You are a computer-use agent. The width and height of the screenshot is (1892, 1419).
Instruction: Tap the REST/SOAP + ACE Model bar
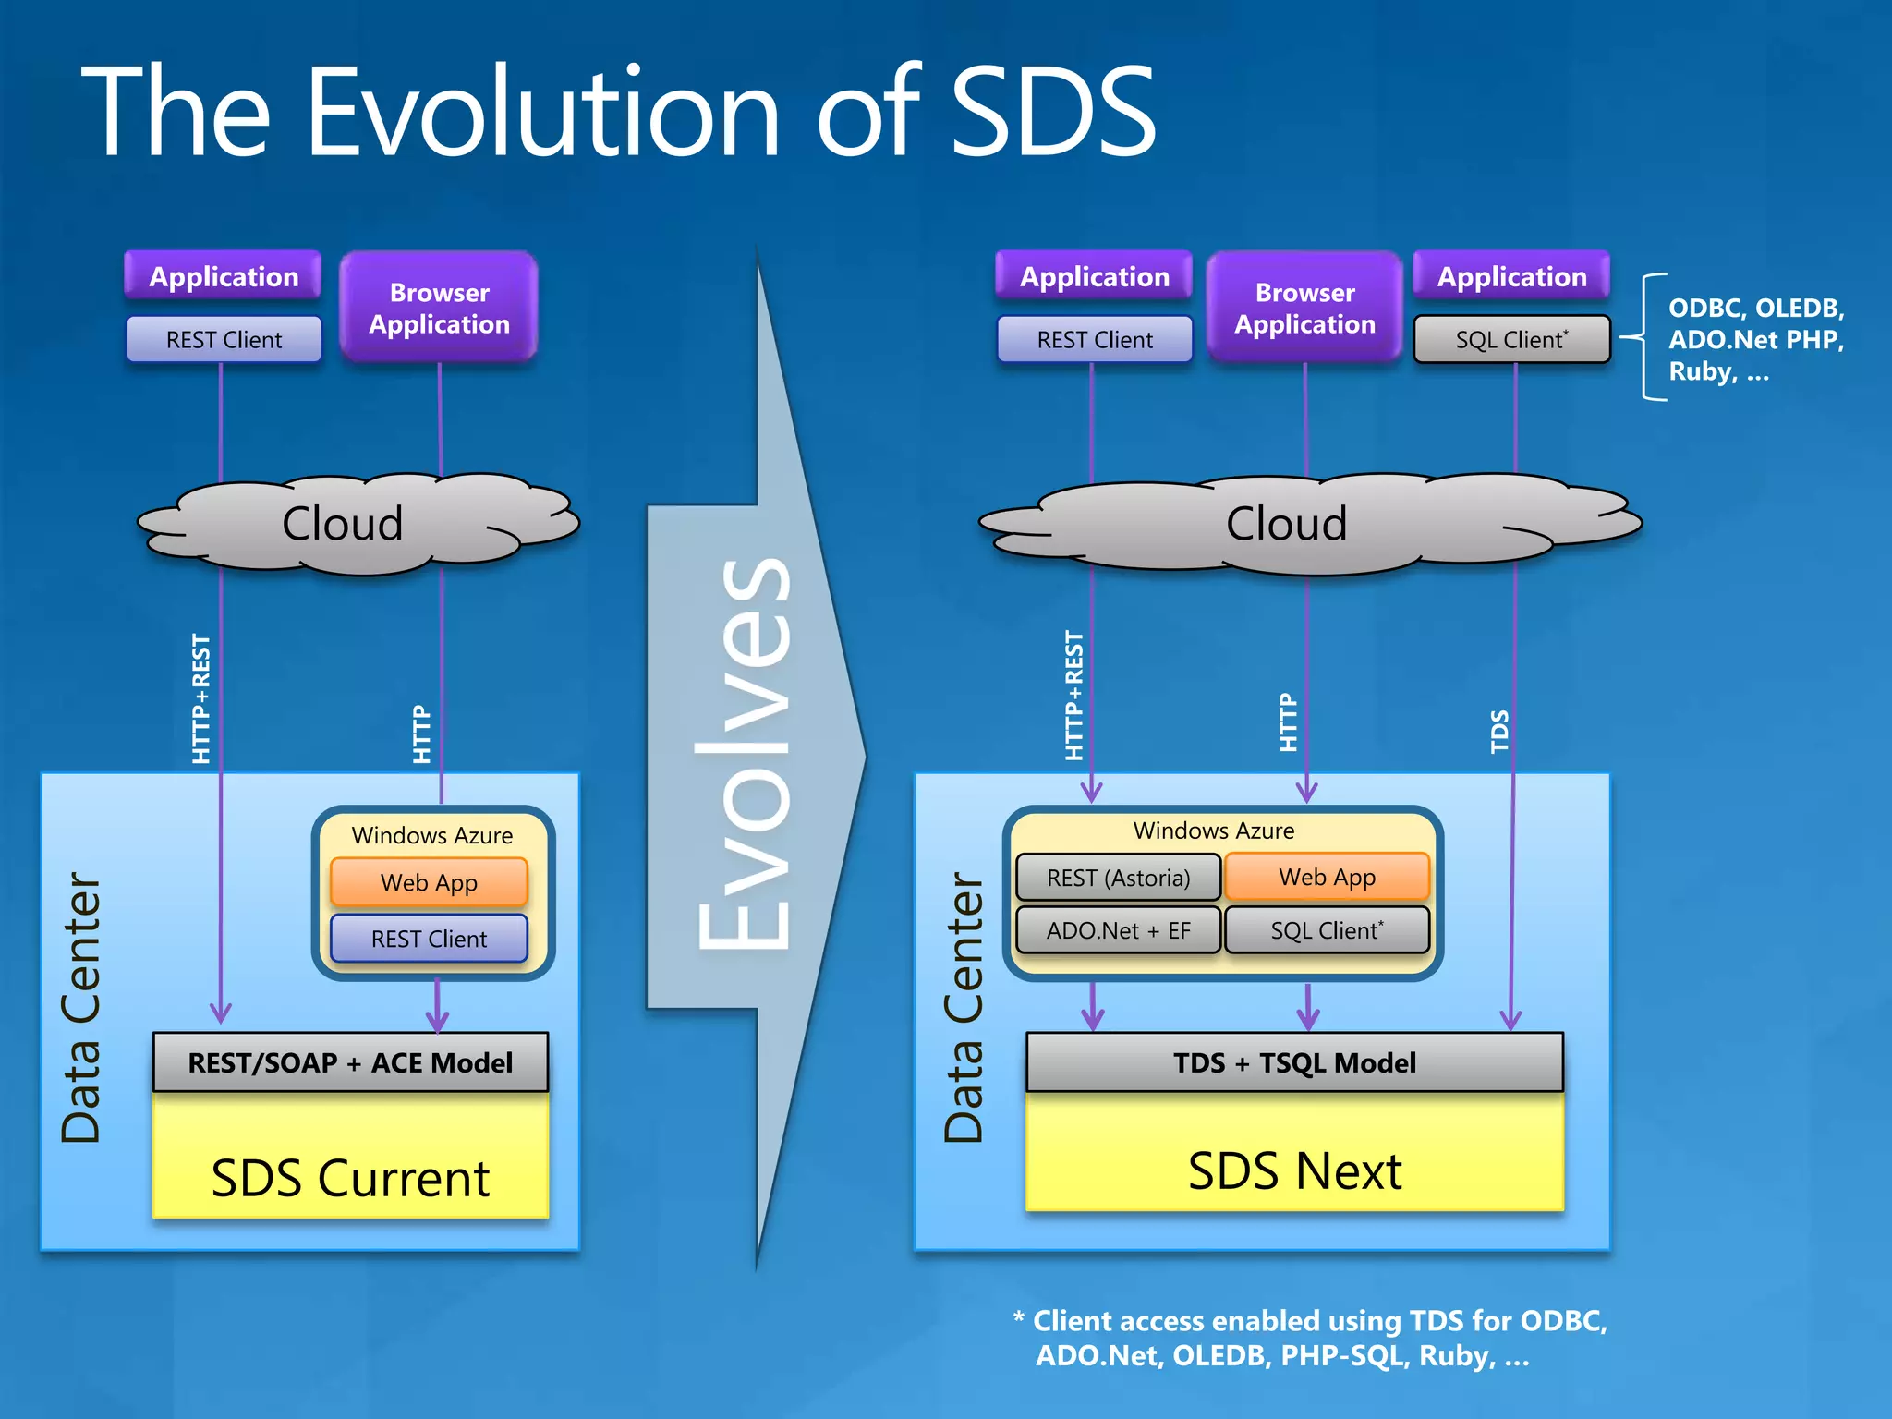350,1062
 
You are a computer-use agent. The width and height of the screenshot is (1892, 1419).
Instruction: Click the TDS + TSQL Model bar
1294,1062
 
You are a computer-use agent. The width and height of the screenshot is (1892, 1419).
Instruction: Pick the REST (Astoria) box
1118,878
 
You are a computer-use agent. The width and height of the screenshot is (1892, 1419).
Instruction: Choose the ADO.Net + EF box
1118,930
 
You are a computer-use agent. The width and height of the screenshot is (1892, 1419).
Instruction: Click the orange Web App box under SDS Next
1327,877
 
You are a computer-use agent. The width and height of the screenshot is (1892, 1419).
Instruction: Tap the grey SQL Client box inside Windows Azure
1327,930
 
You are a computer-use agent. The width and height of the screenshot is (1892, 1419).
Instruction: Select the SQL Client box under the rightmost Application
1511,339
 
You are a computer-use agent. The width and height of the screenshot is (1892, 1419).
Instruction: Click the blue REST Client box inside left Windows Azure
429,939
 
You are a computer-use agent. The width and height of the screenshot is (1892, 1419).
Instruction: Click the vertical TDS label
1499,731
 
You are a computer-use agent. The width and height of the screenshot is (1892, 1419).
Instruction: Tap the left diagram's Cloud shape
343,524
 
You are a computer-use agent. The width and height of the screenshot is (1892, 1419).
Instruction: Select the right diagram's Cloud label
1286,524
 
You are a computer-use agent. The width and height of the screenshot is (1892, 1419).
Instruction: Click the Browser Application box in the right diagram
1304,308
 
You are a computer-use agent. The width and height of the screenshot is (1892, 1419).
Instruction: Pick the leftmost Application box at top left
224,276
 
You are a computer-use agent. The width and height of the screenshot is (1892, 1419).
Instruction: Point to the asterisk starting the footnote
1018,1317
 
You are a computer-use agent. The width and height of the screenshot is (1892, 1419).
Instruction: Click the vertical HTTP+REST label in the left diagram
200,698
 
